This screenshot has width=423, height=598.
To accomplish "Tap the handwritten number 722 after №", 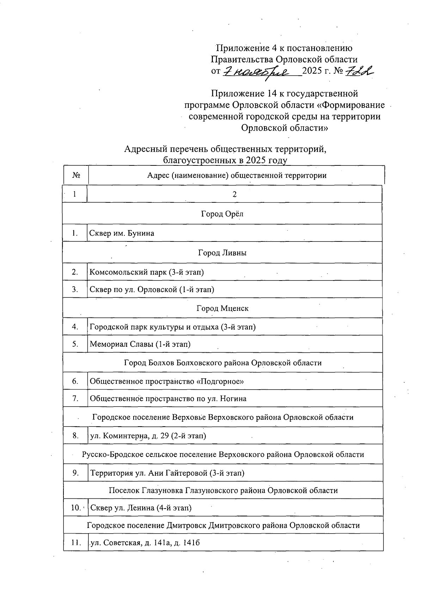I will (x=359, y=71).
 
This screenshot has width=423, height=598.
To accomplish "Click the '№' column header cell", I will (x=75, y=175).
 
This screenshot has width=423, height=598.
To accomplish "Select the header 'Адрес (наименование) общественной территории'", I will (x=237, y=175).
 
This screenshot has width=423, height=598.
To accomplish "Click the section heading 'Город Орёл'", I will (x=222, y=214).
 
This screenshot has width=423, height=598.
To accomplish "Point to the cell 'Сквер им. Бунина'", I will (x=122, y=233).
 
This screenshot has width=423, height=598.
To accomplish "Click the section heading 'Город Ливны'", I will (x=222, y=253).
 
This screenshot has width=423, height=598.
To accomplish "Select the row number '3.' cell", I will (x=75, y=289).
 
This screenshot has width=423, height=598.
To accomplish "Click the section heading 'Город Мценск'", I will (x=222, y=308).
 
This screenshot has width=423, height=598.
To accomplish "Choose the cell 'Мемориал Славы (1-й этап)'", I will (x=140, y=344).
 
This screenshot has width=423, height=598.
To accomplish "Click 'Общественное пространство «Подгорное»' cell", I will (x=167, y=381).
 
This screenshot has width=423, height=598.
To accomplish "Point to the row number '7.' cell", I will (x=75, y=398).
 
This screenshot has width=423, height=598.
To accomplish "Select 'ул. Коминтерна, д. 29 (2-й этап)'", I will (x=148, y=436).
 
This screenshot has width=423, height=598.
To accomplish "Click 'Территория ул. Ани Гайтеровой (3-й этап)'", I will (x=167, y=473).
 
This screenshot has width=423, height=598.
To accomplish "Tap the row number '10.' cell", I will (x=75, y=508).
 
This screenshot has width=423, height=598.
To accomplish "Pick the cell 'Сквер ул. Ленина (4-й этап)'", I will (x=141, y=508).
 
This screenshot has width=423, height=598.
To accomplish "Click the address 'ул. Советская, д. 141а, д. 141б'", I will (x=145, y=543).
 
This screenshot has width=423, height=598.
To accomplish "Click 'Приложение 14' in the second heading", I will (x=243, y=94).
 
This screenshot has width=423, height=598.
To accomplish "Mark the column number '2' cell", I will (x=234, y=194).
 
